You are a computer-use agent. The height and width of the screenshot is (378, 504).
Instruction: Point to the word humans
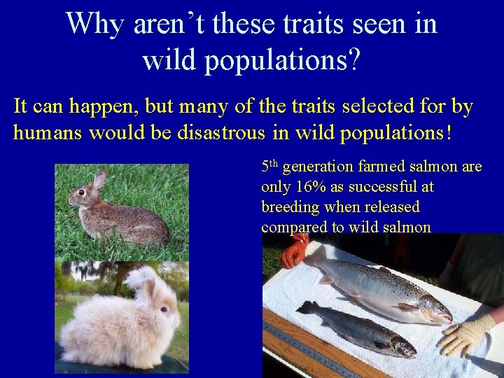pyautogui.click(x=47, y=133)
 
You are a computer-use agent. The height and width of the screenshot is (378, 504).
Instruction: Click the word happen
pyautogui.click(x=107, y=107)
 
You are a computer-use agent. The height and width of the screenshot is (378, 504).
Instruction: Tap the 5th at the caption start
pyautogui.click(x=269, y=167)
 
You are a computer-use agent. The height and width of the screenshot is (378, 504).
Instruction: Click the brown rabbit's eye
pyautogui.click(x=82, y=192)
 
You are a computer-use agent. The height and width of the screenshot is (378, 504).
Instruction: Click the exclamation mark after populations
pyautogui.click(x=446, y=133)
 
